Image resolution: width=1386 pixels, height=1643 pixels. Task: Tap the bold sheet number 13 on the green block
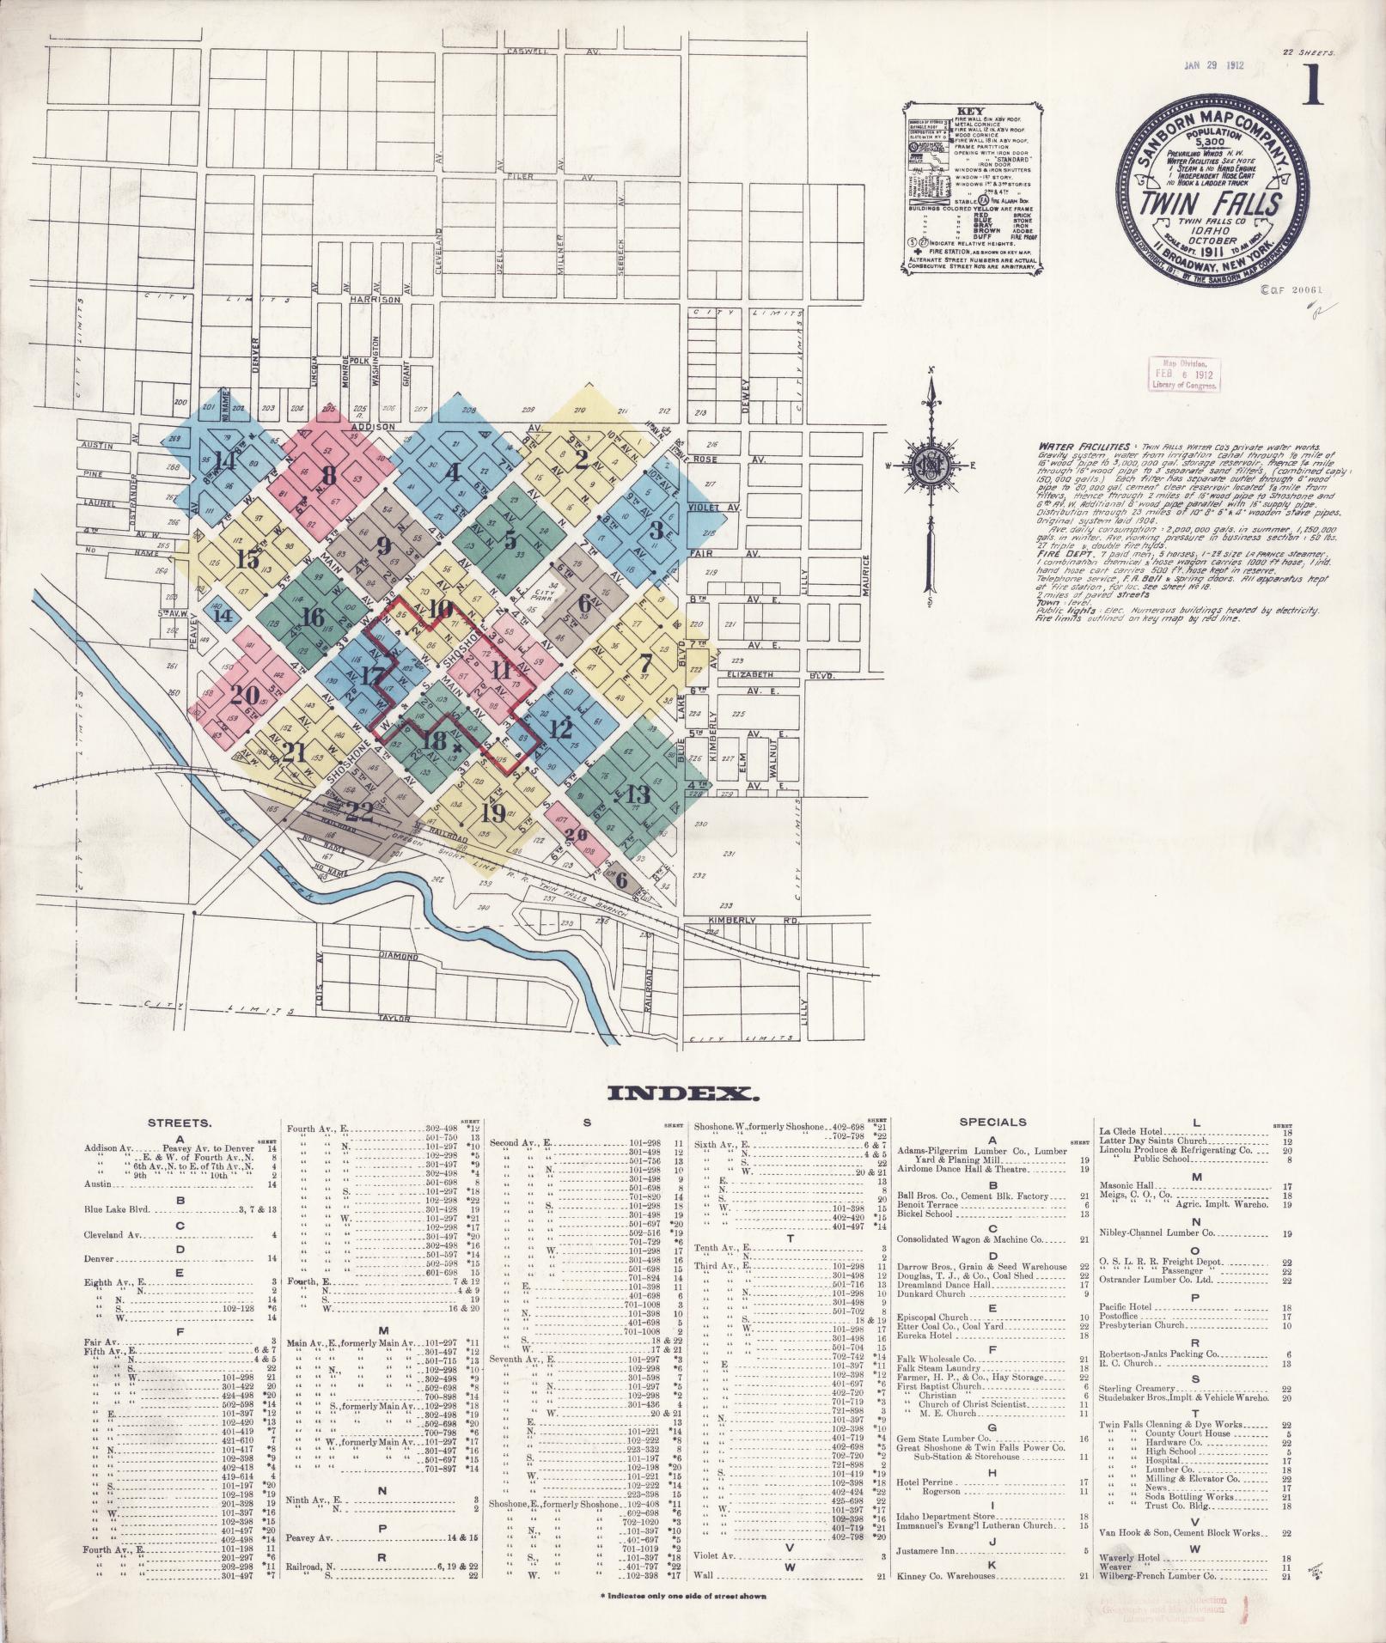click(638, 792)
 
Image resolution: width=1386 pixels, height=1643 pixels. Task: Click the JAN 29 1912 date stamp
click(1213, 64)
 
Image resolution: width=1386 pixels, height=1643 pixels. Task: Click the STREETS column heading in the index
click(180, 1123)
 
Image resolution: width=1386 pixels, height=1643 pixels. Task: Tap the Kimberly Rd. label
click(730, 920)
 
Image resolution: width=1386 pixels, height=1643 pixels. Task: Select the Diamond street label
click(399, 956)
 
